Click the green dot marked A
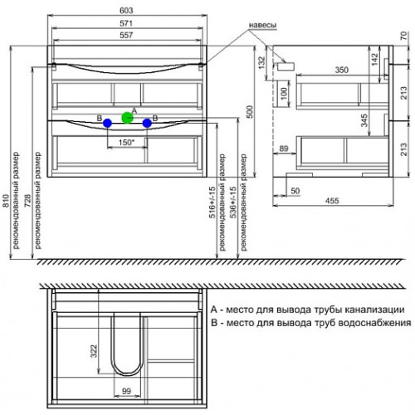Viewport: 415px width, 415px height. pyautogui.click(x=127, y=118)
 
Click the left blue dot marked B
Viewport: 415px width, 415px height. pyautogui.click(x=107, y=123)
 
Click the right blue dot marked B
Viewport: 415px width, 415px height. pyautogui.click(x=147, y=123)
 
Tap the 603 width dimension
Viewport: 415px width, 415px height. pyautogui.click(x=126, y=11)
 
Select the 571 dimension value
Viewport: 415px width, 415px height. pyautogui.click(x=126, y=23)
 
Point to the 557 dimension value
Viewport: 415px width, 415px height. pyautogui.click(x=126, y=35)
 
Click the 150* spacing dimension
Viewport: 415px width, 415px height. pyautogui.click(x=126, y=143)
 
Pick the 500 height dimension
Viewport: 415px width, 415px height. pyautogui.click(x=250, y=112)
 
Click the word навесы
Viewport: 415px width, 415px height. pyautogui.click(x=262, y=25)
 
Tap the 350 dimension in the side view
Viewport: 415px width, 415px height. pyautogui.click(x=342, y=70)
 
